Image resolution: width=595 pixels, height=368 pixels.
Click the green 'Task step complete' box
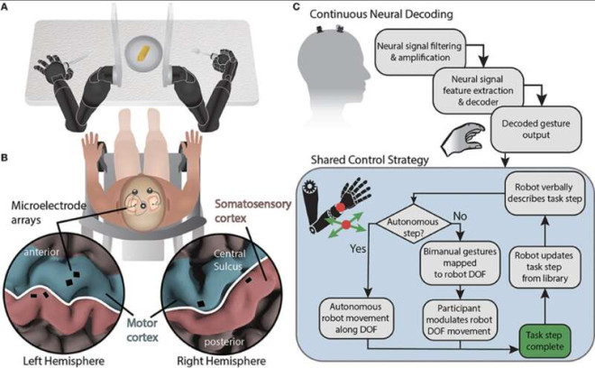click(x=545, y=341)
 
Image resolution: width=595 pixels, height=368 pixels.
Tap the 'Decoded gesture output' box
click(x=535, y=129)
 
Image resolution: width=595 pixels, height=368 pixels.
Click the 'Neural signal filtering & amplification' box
click(x=420, y=51)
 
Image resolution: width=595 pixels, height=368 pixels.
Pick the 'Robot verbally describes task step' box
click(x=545, y=193)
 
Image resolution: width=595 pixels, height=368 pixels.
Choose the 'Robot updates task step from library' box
click(x=545, y=267)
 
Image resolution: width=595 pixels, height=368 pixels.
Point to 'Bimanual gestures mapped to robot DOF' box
click(x=460, y=262)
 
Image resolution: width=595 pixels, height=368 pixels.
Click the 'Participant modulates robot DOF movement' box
click(x=460, y=320)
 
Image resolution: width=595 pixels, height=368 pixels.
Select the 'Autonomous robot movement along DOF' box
click(x=355, y=317)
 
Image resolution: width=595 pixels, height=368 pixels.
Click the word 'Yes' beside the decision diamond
click(x=358, y=248)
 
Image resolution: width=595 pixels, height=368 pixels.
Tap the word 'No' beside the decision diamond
click(x=460, y=216)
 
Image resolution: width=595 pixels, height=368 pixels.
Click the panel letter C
click(x=297, y=6)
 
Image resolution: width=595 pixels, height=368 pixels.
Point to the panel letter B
click(x=5, y=157)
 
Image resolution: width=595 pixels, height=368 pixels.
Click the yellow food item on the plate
click(x=144, y=53)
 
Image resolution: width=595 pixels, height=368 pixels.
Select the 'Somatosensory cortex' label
click(x=252, y=211)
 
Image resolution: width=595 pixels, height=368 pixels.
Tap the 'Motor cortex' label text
click(x=142, y=330)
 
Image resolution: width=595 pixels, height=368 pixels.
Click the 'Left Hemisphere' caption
click(x=63, y=361)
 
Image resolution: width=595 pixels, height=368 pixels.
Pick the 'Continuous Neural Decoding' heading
click(x=381, y=14)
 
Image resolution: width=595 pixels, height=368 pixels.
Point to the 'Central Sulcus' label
click(x=229, y=260)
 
